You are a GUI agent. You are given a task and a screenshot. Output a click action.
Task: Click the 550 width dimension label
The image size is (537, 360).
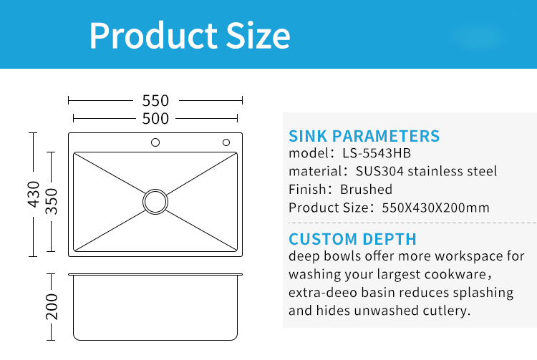(155, 101)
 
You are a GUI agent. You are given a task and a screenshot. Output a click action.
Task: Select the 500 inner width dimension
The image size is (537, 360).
(155, 119)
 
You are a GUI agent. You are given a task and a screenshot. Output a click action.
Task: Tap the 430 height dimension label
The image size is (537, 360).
(34, 194)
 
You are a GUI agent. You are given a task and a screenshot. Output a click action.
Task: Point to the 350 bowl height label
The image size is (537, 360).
(52, 201)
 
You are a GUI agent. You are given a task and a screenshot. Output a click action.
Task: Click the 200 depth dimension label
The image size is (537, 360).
(52, 306)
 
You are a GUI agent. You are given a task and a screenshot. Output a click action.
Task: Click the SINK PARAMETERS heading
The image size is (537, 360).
(364, 136)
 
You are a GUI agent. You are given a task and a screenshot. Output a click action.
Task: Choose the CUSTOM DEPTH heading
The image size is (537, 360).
(352, 239)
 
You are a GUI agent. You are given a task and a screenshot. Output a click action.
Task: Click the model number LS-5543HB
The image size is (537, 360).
(377, 153)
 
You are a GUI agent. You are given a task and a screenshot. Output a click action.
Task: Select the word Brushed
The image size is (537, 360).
(366, 189)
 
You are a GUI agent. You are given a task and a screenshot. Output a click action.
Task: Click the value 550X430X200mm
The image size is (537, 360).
(435, 208)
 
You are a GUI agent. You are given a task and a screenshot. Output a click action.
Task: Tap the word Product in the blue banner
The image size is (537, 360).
(153, 35)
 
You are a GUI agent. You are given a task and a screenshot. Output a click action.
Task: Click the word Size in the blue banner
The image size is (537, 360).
(258, 35)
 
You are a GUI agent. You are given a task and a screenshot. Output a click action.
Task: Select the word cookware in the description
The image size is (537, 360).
(455, 274)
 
